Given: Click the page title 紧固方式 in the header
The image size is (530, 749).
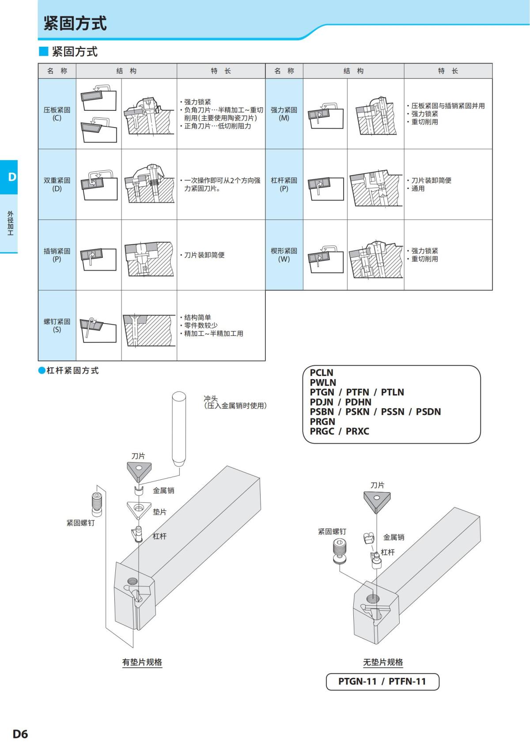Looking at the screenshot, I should [x=75, y=23].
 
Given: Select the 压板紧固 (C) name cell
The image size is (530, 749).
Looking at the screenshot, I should [x=57, y=114].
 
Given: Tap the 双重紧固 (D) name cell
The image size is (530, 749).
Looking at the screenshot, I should [x=57, y=184].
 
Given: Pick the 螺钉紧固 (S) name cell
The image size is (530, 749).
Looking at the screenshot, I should [x=57, y=325].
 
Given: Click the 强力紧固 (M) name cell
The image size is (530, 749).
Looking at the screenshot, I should [x=284, y=114].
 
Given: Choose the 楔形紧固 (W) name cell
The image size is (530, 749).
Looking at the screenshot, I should [x=284, y=255].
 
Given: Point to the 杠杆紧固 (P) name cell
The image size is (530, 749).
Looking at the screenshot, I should [x=284, y=184].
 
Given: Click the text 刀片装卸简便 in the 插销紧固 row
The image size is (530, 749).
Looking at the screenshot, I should [x=204, y=255].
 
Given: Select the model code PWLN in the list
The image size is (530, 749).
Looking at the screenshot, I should [x=323, y=383].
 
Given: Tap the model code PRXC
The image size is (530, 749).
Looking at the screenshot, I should [x=357, y=431].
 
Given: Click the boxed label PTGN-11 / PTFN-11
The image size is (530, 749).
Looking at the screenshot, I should [x=382, y=681].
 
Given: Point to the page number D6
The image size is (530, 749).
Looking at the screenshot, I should [x=20, y=734].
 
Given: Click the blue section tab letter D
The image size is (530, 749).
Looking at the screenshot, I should [x=12, y=177].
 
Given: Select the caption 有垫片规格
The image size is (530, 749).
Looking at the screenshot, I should [x=142, y=662].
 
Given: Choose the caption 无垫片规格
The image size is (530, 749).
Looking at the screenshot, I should [x=383, y=662].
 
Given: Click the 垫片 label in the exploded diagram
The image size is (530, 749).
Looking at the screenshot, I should [x=159, y=512].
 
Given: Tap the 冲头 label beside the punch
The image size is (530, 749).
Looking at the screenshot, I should [x=211, y=399].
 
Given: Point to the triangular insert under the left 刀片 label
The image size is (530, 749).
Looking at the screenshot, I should [x=139, y=471].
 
